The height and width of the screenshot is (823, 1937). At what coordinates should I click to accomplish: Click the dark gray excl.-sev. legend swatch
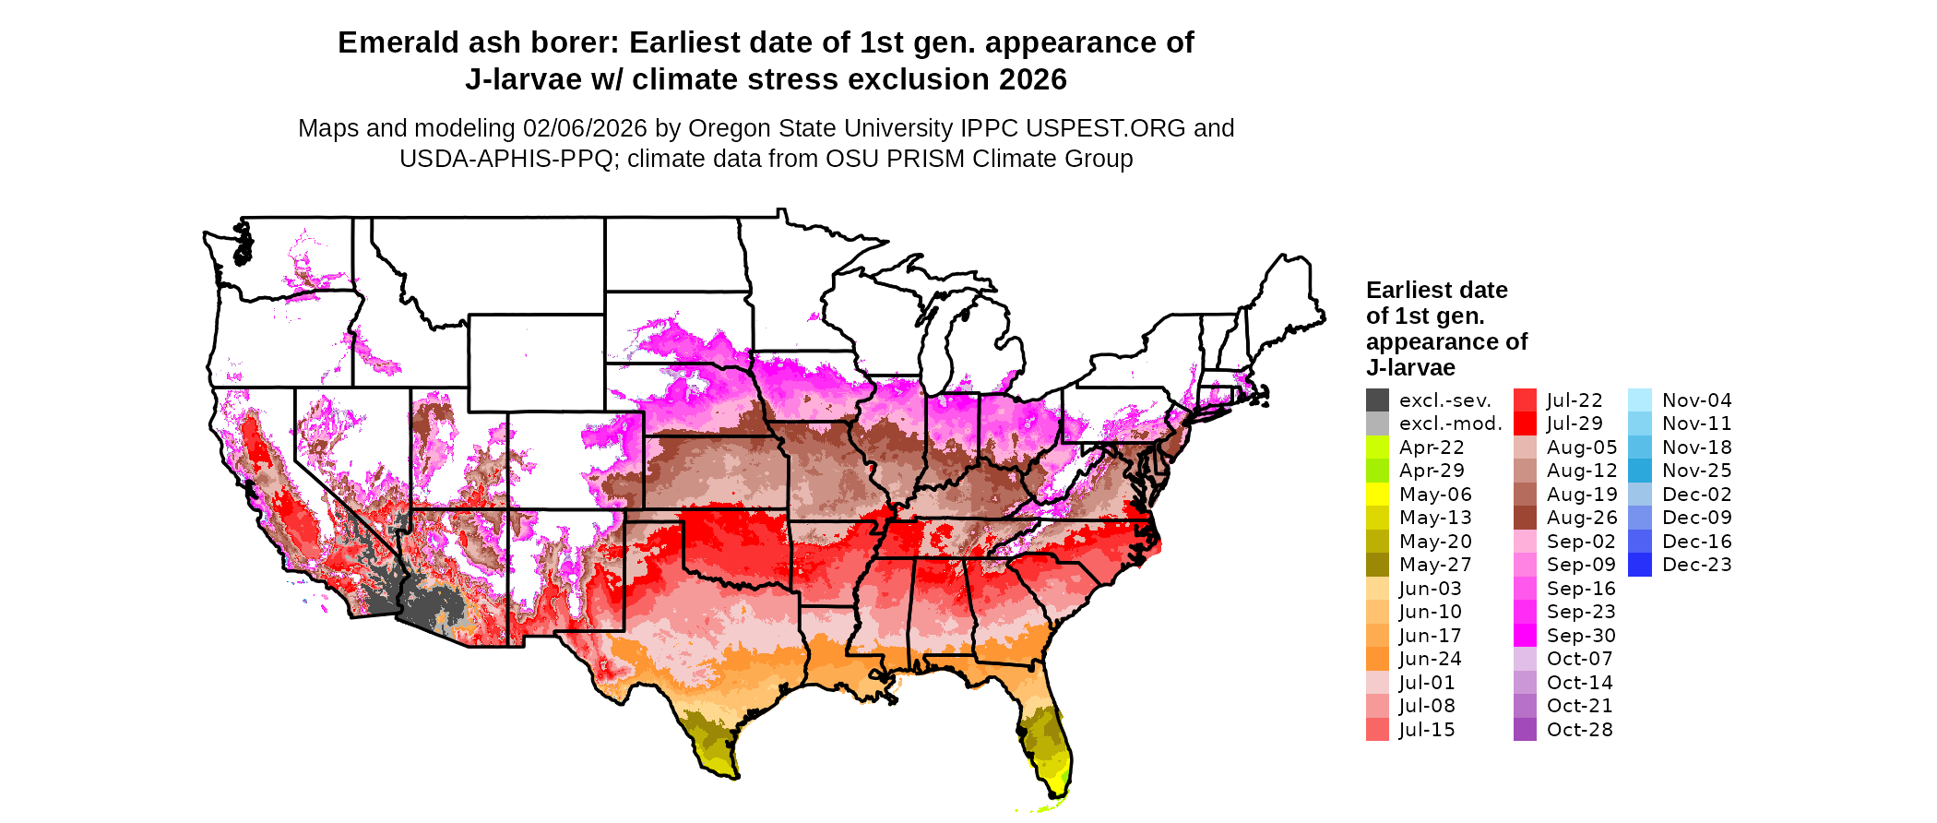pos(1377,400)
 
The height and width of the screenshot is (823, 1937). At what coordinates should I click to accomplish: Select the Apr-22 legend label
pos(1432,447)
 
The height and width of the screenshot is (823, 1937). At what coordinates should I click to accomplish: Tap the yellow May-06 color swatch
pos(1377,495)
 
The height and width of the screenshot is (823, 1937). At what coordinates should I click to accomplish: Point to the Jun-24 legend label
pos(1430,659)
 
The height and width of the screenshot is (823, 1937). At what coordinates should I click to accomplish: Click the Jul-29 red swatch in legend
pos(1525,423)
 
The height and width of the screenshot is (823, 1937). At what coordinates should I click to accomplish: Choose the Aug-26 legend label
pos(1582,518)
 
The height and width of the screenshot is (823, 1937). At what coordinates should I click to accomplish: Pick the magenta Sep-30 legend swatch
pos(1525,636)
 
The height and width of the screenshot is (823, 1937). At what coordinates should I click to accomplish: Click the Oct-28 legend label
pos(1579,730)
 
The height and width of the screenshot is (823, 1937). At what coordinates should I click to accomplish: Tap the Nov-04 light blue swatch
pos(1640,400)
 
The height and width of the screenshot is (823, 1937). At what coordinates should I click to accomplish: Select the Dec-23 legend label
pos(1697,565)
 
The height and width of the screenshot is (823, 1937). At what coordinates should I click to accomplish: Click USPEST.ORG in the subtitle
pos(1090,128)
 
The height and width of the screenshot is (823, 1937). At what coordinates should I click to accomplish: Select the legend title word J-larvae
pos(1410,367)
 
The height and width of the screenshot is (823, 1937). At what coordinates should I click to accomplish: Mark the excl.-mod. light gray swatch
pos(1377,423)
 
